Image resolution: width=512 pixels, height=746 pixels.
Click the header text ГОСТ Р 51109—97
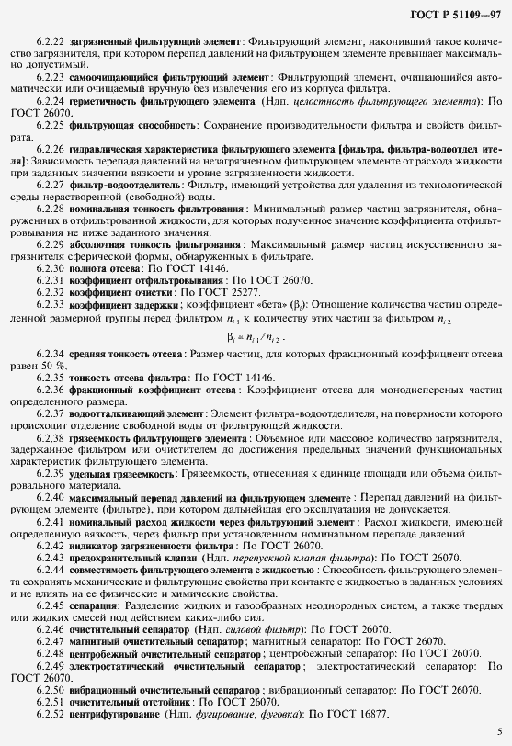(457, 15)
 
